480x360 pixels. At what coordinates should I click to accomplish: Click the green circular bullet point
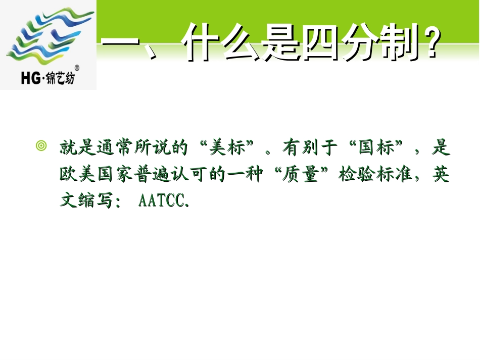pos(41,147)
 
